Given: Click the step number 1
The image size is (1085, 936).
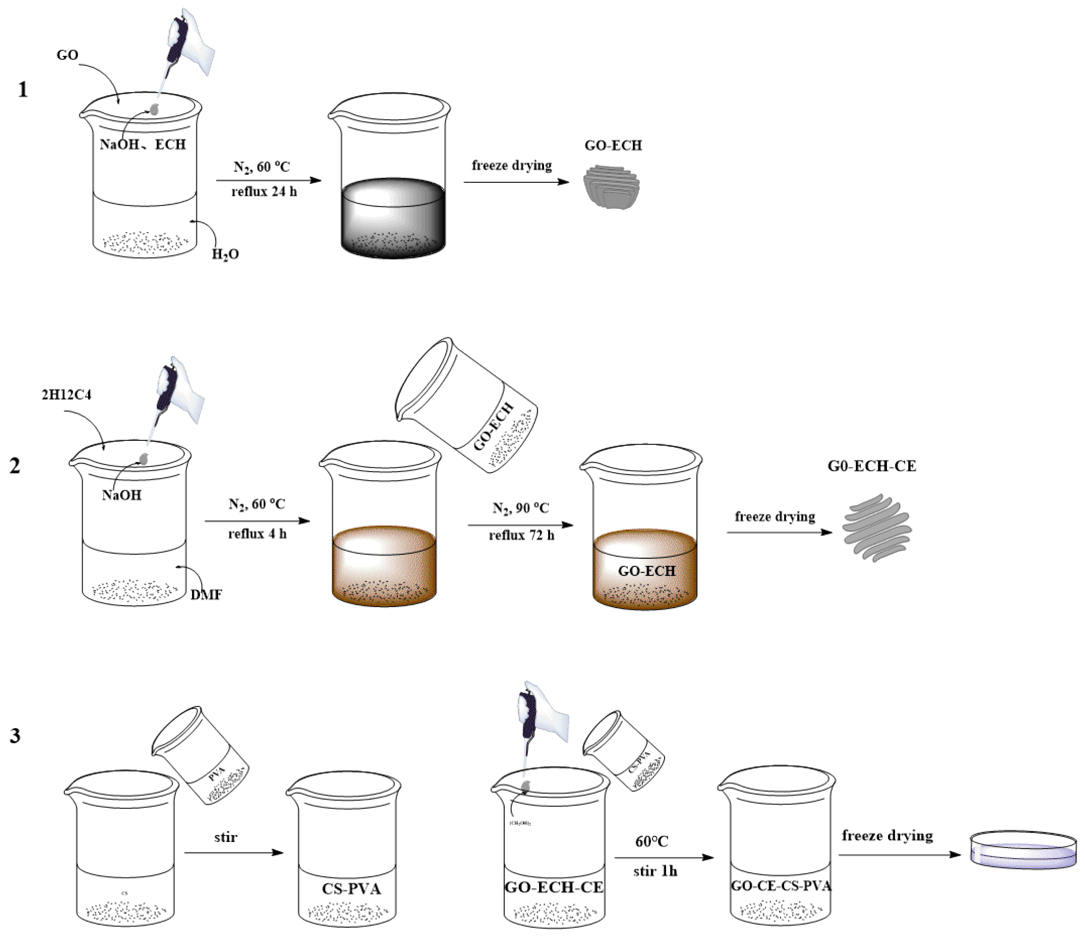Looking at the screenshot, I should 23,90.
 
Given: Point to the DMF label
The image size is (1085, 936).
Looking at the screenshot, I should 206,595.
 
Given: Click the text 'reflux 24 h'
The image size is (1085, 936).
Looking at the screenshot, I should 264,192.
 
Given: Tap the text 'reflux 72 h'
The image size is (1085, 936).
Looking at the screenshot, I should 522,535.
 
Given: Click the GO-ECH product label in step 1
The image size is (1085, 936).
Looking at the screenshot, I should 613,145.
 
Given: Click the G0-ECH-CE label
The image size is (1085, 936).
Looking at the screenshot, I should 872,466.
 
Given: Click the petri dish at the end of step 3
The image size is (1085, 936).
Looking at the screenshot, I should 1023,850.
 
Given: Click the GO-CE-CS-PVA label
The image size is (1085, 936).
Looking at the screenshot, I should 781,886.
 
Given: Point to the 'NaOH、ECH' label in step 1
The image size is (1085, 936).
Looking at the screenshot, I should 143,144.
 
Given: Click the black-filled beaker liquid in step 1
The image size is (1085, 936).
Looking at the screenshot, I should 393,220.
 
